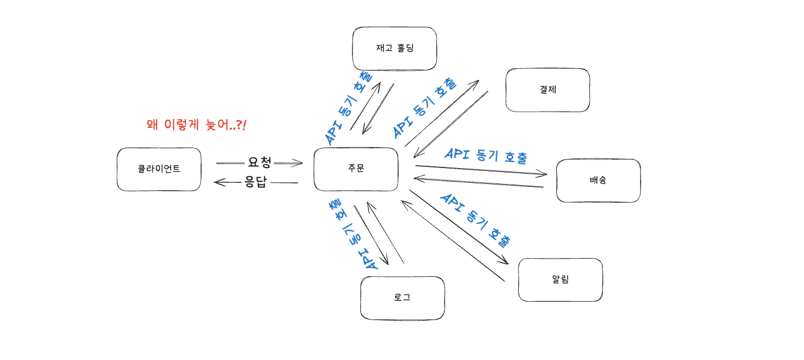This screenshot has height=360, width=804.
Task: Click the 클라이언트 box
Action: (159, 169)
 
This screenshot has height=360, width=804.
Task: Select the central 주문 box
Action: (356, 169)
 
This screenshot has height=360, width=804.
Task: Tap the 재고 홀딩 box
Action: (395, 48)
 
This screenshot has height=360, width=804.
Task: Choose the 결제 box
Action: (548, 90)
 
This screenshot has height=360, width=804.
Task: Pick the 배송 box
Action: (598, 181)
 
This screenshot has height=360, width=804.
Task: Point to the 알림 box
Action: (560, 280)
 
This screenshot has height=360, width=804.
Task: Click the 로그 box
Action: (402, 298)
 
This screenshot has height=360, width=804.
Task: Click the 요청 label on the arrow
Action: (260, 162)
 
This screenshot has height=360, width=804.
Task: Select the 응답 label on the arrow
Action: (256, 183)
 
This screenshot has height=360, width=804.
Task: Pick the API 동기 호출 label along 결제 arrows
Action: (424, 108)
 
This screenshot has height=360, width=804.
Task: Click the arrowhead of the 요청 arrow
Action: (300, 163)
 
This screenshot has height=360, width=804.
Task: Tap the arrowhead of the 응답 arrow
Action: (216, 182)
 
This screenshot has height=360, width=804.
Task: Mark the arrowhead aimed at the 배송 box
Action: (545, 174)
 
